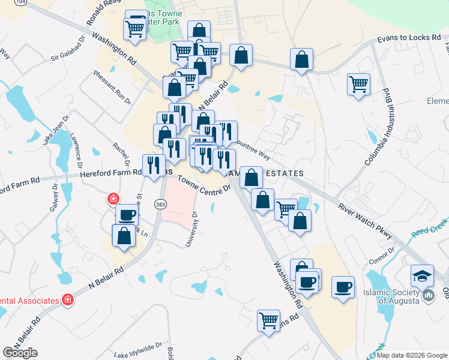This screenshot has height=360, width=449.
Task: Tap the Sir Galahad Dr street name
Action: tap(74, 49)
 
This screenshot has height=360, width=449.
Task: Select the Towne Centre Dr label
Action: tap(204, 182)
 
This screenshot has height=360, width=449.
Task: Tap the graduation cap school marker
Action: tap(422, 276)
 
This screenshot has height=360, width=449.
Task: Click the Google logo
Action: tap(20, 352)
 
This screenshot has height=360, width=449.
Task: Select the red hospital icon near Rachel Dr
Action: tap(113, 199)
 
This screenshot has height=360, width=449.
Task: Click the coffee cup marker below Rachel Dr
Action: tap(126, 214)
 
